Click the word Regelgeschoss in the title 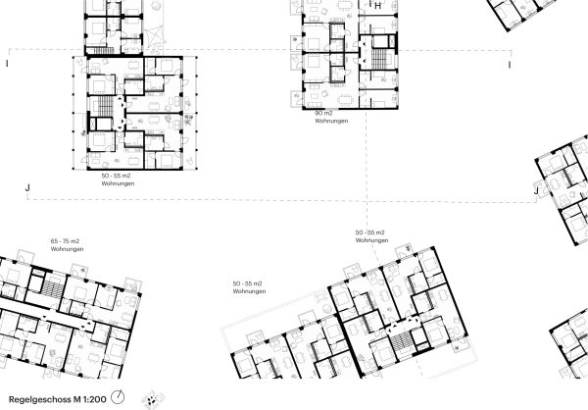point(39,398)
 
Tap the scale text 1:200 point(96,398)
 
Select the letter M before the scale point(78,398)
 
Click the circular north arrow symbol point(119,397)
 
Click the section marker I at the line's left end point(7,64)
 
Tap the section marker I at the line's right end point(510,65)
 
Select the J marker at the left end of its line point(27,186)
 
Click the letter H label point(377,6)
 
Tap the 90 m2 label point(323,114)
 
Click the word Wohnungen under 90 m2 point(331,122)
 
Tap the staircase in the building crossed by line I point(100,108)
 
